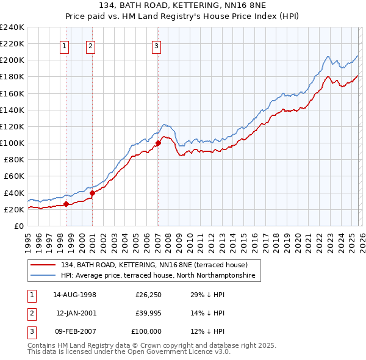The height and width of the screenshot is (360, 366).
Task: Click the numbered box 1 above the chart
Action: [65, 45]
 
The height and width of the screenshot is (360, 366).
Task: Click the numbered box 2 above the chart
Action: [91, 45]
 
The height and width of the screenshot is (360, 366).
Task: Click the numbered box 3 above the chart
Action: [156, 45]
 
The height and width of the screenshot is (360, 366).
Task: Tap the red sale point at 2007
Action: [158, 143]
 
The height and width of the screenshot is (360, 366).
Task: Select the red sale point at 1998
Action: [66, 204]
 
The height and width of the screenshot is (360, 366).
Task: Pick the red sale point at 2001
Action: [92, 193]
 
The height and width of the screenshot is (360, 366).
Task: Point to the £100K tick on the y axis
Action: [13, 143]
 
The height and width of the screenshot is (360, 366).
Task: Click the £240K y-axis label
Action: [13, 27]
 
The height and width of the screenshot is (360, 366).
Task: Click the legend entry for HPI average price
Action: [160, 276]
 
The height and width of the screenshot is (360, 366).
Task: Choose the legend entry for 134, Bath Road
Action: [154, 265]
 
